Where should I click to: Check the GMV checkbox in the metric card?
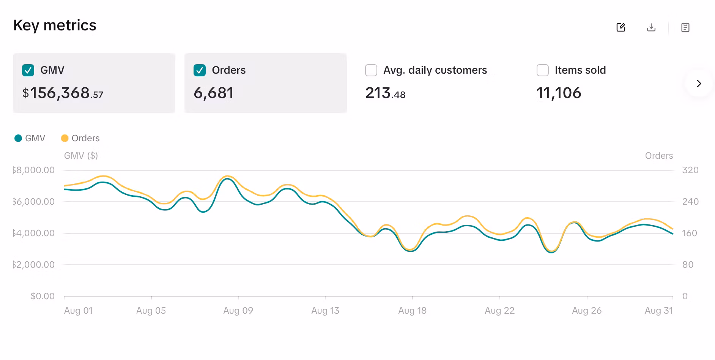coord(28,70)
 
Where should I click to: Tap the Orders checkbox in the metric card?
coord(200,70)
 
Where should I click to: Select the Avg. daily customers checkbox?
coord(371,70)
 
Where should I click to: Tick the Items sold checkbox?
coord(542,70)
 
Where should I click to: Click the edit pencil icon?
coord(621,27)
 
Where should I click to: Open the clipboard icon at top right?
coord(685,27)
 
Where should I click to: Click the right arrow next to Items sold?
coord(699,84)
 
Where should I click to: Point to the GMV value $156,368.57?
coord(63,93)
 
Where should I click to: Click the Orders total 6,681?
coord(213,93)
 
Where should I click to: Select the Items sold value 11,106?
coord(559,93)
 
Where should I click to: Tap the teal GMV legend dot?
coord(18,138)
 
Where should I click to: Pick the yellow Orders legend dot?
coord(65,138)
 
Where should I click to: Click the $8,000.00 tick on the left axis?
coord(33,170)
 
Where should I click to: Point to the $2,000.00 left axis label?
coord(33,265)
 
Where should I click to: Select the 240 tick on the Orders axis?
coord(690,202)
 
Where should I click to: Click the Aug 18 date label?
coord(412,311)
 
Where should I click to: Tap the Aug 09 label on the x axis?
coord(238,311)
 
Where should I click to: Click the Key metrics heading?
coord(55,25)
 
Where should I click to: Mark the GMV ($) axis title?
coord(81,156)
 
